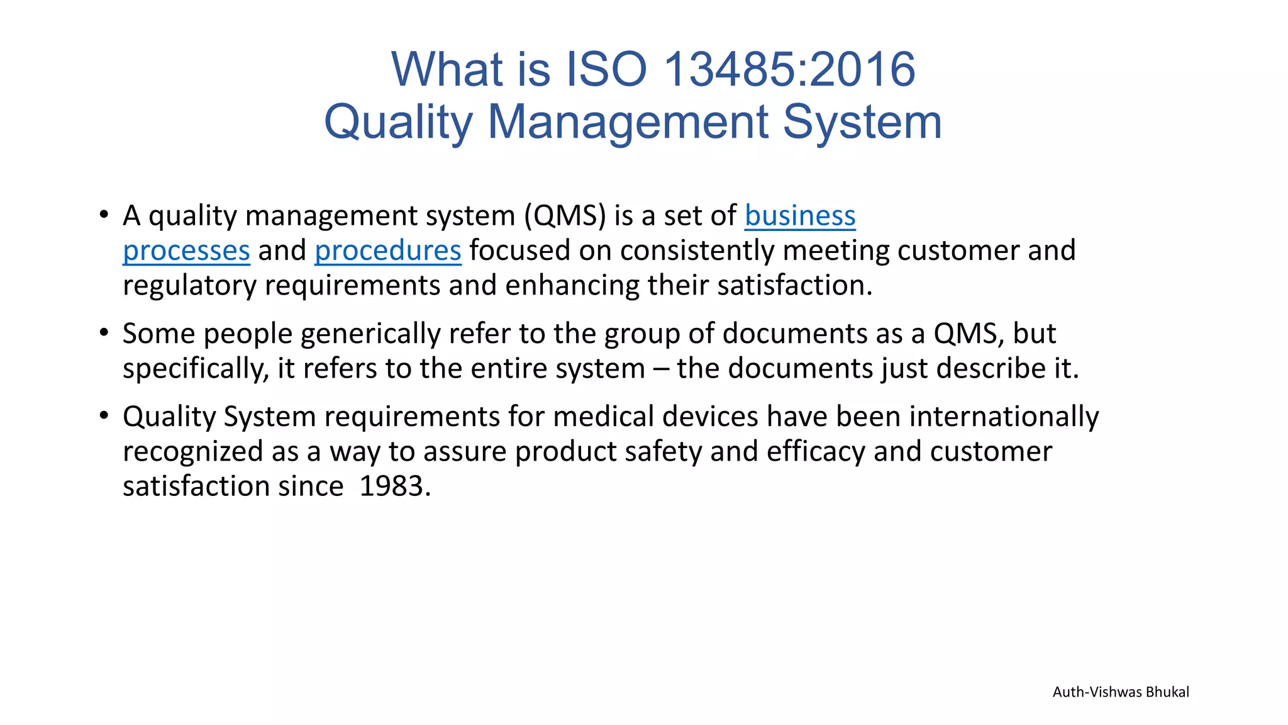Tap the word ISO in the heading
607,69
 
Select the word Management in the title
629,121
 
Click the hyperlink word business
800,216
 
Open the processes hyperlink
186,251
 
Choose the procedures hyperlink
388,251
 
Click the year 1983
395,486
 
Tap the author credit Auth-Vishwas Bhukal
1121,692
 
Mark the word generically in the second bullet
370,334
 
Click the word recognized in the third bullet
193,452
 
